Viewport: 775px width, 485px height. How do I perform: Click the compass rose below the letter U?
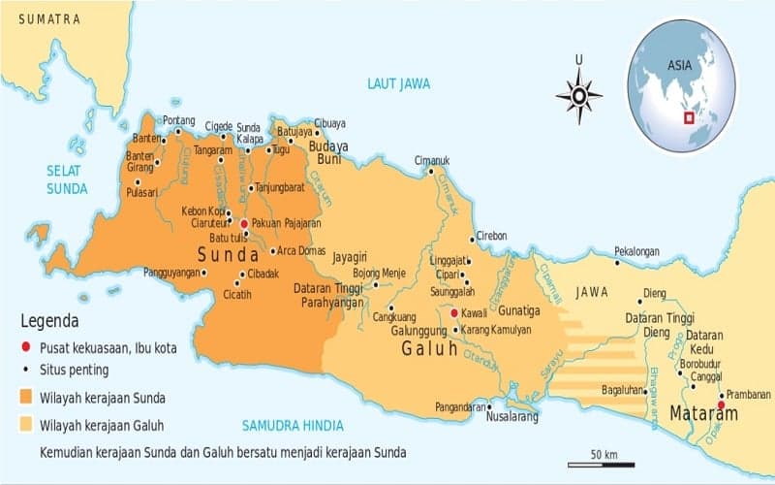[578, 95]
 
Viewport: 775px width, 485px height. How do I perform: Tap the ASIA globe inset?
[680, 85]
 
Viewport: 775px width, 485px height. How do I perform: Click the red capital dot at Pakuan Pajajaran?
[243, 222]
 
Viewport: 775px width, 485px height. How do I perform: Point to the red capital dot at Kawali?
[453, 313]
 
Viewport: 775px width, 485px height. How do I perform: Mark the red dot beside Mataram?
[721, 404]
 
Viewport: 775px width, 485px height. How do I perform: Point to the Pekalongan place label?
[636, 251]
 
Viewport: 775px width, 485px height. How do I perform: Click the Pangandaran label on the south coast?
[459, 407]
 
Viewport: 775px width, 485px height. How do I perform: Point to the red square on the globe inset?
[689, 118]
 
